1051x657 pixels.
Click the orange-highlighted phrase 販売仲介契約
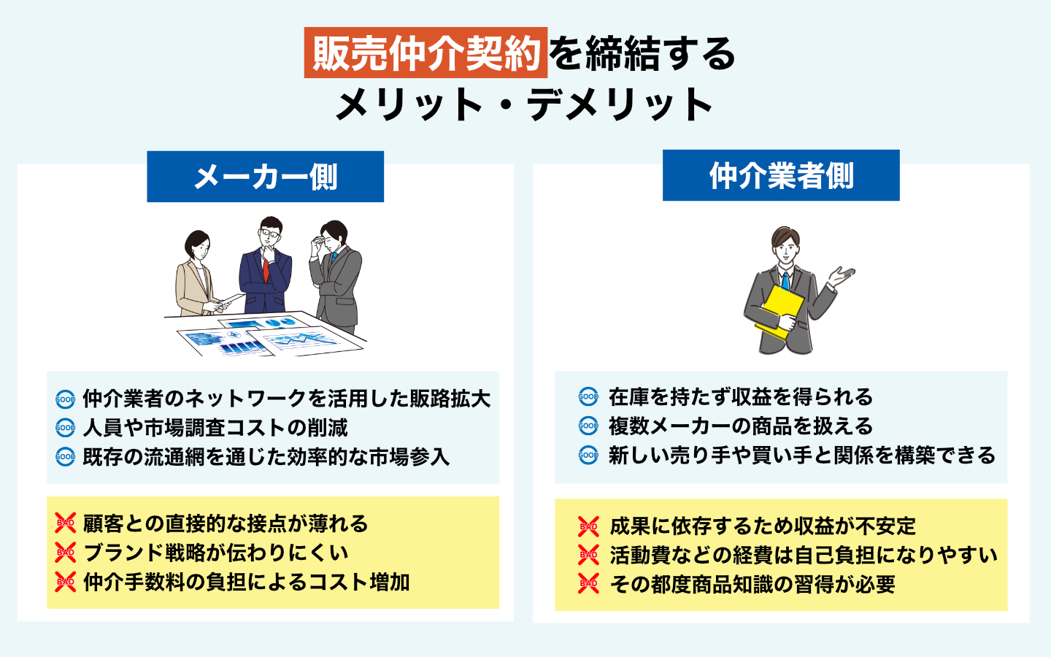click(x=426, y=53)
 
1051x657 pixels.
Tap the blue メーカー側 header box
click(x=265, y=177)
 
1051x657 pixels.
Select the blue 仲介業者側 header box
click(x=781, y=175)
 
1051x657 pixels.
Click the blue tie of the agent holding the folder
click(x=785, y=281)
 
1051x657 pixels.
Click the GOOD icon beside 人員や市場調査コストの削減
click(x=66, y=428)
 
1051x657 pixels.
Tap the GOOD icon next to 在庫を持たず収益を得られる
click(x=588, y=397)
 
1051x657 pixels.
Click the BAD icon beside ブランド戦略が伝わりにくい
click(x=66, y=553)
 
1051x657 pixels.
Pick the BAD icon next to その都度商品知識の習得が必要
click(x=588, y=584)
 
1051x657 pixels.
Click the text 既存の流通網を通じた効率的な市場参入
click(x=266, y=457)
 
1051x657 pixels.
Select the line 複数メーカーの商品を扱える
click(x=741, y=426)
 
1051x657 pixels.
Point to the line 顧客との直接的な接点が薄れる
click(x=226, y=523)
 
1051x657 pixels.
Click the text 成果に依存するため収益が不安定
click(x=762, y=526)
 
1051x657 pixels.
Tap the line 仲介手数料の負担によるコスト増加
click(x=246, y=582)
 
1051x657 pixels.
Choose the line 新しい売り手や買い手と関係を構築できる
click(x=802, y=456)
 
